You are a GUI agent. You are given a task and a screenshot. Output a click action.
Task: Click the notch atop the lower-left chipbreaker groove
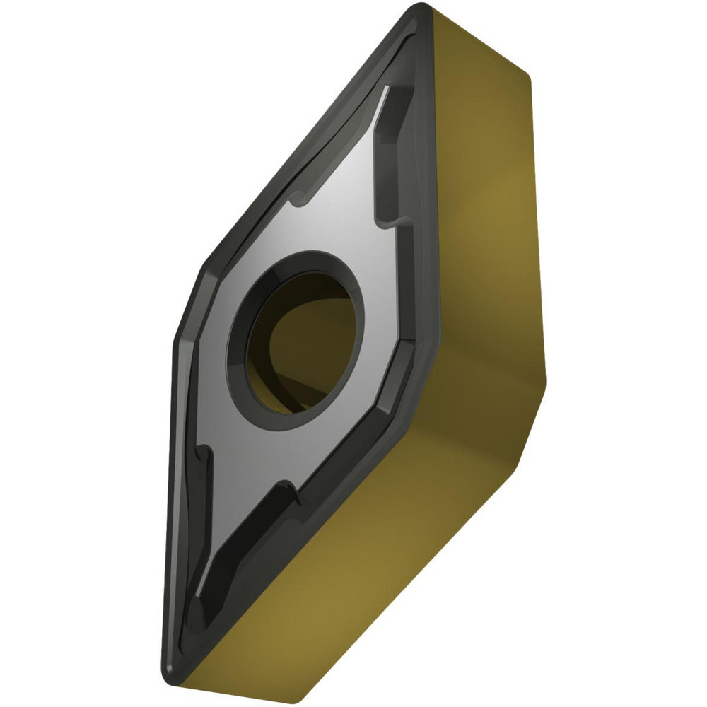(x=206, y=452)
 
